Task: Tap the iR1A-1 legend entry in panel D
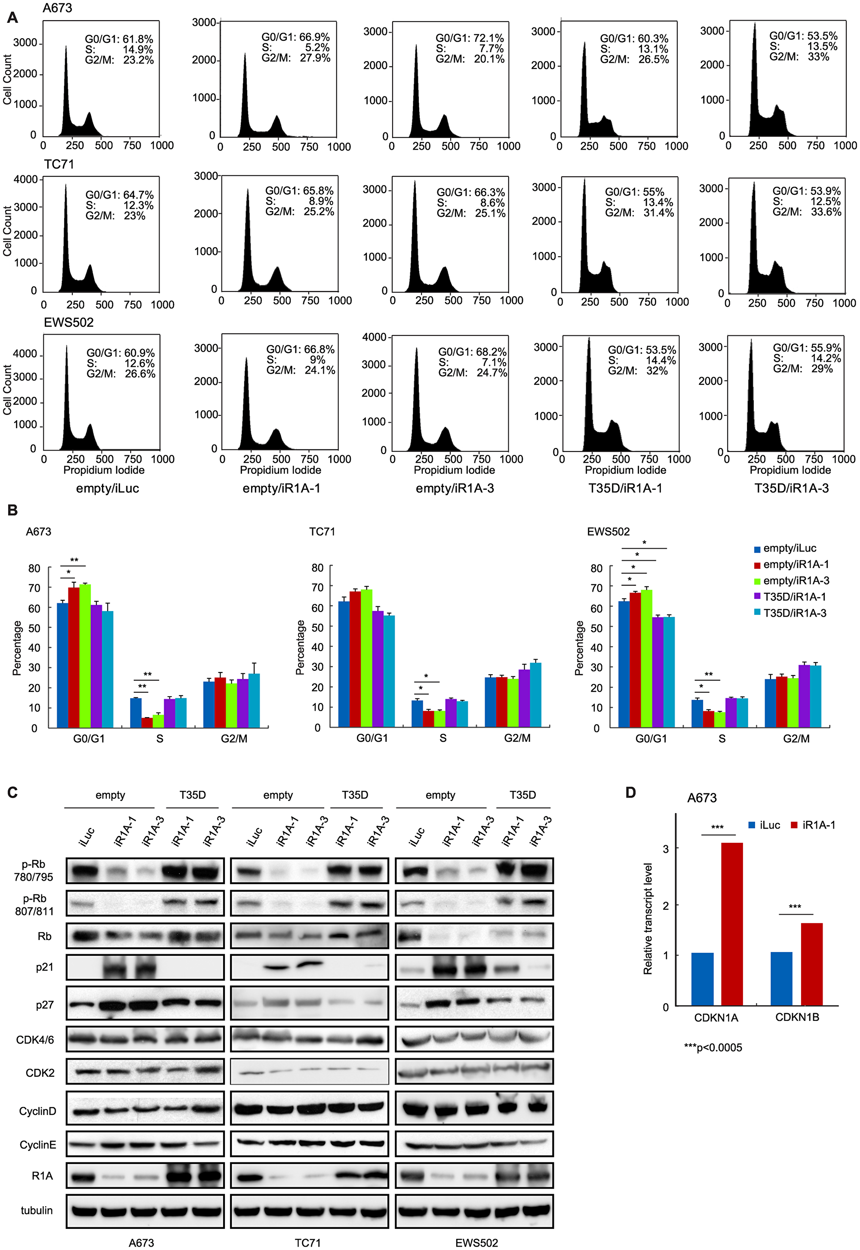818,825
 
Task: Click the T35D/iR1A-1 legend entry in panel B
794,596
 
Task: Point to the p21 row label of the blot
45,967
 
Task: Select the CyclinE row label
38,1145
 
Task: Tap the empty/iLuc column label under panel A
108,488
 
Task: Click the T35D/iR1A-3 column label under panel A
791,488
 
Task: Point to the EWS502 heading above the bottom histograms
68,322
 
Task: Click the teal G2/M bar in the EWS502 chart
815,696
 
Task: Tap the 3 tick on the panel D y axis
666,849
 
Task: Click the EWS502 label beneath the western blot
476,1242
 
